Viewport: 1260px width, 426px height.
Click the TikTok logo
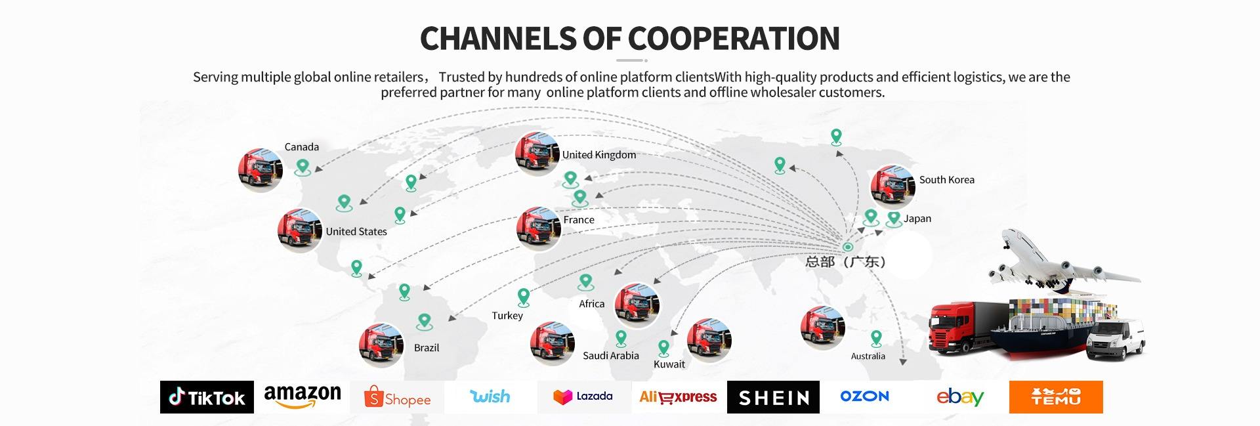207,397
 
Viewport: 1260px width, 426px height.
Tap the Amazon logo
303,396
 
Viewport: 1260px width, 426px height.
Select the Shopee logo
397,398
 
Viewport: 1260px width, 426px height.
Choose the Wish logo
490,396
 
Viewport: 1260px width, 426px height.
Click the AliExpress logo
678,397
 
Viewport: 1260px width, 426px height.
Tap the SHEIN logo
773,397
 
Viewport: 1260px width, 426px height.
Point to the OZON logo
864,396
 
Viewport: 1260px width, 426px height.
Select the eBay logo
959,397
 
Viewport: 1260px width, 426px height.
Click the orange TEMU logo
1055,397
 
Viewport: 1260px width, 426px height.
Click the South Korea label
946,180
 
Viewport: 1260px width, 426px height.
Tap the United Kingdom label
598,155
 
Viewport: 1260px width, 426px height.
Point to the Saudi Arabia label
610,356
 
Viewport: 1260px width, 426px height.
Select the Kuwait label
669,364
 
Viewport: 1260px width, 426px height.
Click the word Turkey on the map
507,316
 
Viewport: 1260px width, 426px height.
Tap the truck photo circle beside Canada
261,169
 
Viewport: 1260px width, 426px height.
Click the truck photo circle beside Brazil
381,345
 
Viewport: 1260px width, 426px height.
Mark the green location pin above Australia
875,339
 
